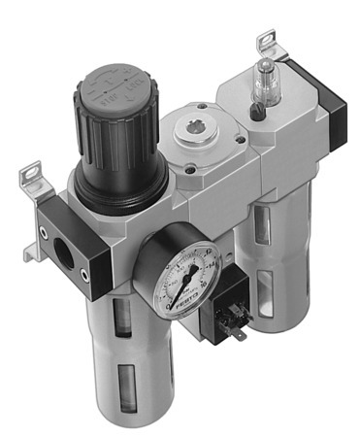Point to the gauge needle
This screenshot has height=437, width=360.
[188, 267]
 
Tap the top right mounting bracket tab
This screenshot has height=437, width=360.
[265, 45]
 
